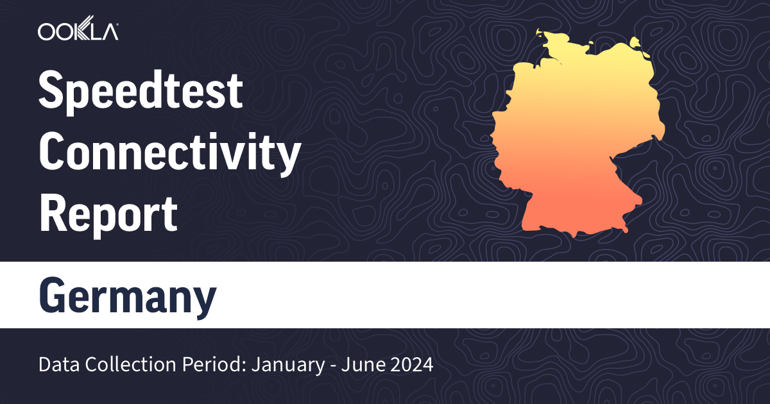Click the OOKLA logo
tap(78, 31)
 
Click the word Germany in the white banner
tap(128, 297)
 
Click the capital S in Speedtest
tap(51, 92)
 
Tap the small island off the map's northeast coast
tap(635, 43)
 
